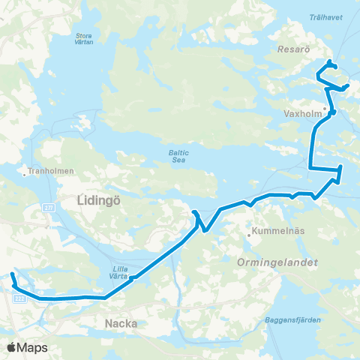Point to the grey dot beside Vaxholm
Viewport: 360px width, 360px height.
tap(325, 108)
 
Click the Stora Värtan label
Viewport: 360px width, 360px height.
tap(85, 37)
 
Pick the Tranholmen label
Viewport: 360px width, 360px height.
tap(51, 171)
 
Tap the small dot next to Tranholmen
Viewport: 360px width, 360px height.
tap(26, 171)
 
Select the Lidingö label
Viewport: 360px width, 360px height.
tap(98, 200)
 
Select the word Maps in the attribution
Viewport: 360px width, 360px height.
tap(33, 348)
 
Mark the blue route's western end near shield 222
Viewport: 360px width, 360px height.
tap(11, 276)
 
